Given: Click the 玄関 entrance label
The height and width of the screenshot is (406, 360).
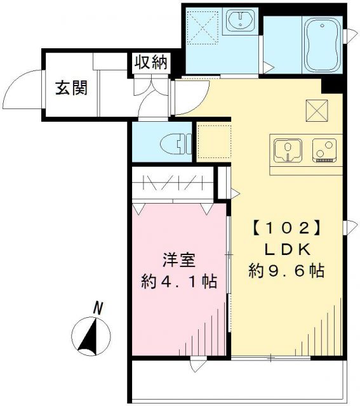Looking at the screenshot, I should click(69, 89).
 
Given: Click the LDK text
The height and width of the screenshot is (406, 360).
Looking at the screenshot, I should click(285, 248).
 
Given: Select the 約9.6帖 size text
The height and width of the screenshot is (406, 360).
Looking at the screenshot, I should click(285, 271).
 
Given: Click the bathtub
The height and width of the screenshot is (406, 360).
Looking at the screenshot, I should click(322, 45).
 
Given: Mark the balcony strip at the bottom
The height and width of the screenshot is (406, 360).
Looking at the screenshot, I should click(238, 381).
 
